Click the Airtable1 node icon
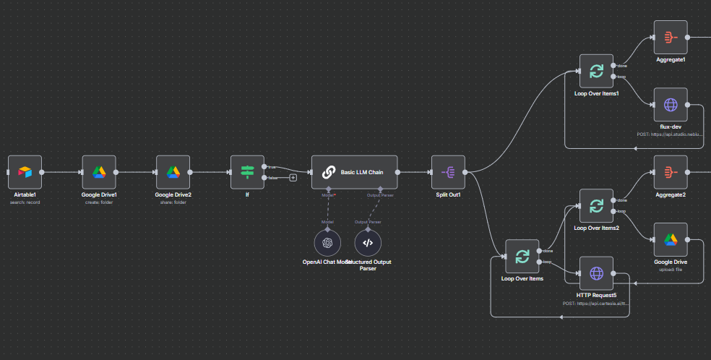[x=25, y=172]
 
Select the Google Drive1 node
[x=99, y=172]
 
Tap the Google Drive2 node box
[x=173, y=172]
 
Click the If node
[x=247, y=172]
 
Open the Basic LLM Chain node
[x=354, y=172]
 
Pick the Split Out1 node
[x=448, y=172]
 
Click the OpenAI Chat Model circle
[x=327, y=243]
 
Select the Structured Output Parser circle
[x=368, y=243]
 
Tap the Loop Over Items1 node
[x=596, y=71]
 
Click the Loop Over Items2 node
[x=596, y=206]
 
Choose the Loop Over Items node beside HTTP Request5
[x=522, y=256]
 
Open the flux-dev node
[x=671, y=105]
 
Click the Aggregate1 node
[x=671, y=37]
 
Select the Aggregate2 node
[x=671, y=172]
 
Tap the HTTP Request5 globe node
[x=596, y=273]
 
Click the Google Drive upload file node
[x=671, y=240]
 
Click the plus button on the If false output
[x=293, y=177]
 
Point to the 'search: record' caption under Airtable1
[x=25, y=202]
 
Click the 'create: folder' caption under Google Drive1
[x=99, y=202]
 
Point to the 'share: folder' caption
[x=173, y=202]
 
